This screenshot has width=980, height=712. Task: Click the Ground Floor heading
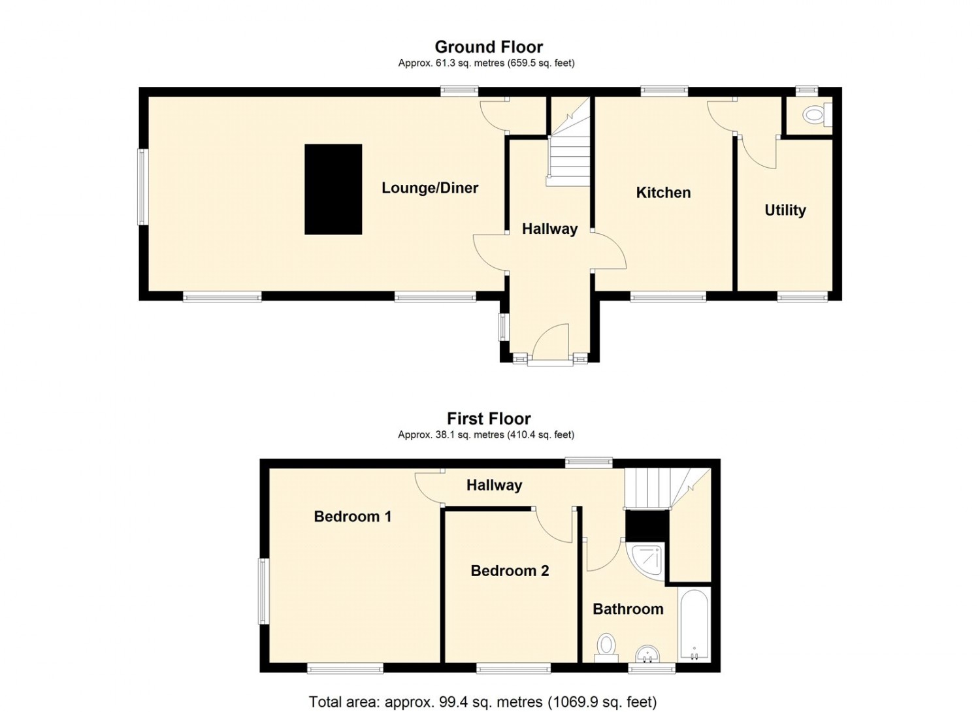[x=489, y=46]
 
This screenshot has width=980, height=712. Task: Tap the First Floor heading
[x=489, y=419]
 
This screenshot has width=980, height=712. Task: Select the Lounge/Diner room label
[x=430, y=188]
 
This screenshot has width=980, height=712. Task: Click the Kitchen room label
[x=663, y=193]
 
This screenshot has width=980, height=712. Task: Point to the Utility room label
[x=785, y=210]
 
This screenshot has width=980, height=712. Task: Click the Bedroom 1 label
[x=353, y=517]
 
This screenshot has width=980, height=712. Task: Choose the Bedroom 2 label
[x=510, y=571]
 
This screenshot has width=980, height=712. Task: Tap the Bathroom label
[x=629, y=609]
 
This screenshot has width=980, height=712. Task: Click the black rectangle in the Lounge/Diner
[x=333, y=189]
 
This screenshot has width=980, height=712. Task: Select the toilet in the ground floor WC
[x=817, y=114]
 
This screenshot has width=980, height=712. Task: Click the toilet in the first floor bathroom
[x=606, y=648]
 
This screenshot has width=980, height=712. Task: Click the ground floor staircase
[x=570, y=141]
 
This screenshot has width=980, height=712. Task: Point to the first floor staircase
[x=667, y=489]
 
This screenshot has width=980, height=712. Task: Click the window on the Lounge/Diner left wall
[x=142, y=187]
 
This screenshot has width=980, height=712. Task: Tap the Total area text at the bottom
[x=483, y=690]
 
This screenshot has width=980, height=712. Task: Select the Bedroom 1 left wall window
[x=263, y=591]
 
